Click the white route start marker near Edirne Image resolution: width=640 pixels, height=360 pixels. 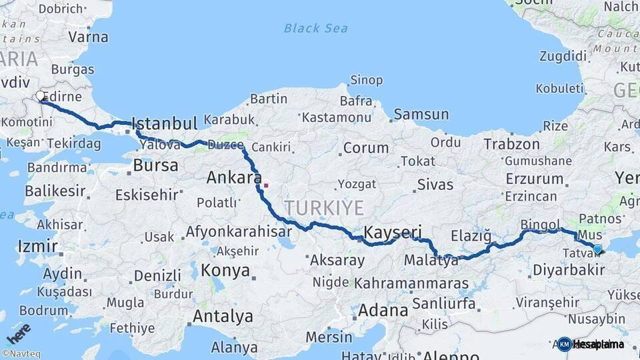[41, 96]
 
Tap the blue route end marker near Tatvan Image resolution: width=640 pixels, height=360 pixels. [597, 249]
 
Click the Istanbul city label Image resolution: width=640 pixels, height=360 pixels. [164, 124]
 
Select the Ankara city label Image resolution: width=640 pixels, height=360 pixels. [233, 177]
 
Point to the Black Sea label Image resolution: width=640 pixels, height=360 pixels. [315, 28]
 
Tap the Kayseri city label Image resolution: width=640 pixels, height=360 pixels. [393, 232]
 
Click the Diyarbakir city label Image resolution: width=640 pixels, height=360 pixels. [569, 270]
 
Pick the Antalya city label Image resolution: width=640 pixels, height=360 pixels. [223, 316]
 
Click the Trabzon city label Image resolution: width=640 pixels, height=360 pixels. [511, 144]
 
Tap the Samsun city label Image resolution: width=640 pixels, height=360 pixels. [421, 115]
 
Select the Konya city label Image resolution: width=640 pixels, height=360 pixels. [226, 271]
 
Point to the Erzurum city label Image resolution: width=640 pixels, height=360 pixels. [535, 179]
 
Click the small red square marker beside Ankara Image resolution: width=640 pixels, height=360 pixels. [266, 185]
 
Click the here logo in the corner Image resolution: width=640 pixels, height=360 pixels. [18, 333]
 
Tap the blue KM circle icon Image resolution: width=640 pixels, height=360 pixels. [565, 344]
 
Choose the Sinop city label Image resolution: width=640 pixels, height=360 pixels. [366, 81]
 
